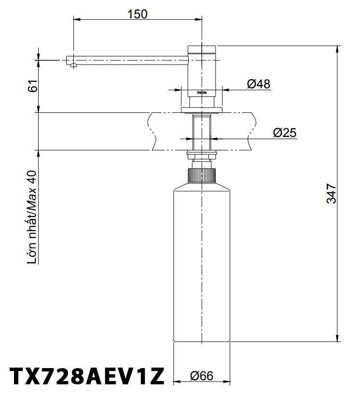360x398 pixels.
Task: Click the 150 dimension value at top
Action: (x=138, y=14)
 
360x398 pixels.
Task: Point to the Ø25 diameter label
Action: (x=284, y=133)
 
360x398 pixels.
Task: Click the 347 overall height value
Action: (x=331, y=193)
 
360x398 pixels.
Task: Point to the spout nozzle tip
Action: (x=72, y=64)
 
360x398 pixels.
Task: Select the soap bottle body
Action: (x=202, y=265)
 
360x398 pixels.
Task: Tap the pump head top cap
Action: (x=202, y=49)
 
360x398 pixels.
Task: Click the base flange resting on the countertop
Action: (x=202, y=110)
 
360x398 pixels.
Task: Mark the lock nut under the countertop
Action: (x=202, y=155)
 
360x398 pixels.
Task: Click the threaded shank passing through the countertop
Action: (x=202, y=132)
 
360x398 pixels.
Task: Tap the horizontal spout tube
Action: (x=130, y=60)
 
